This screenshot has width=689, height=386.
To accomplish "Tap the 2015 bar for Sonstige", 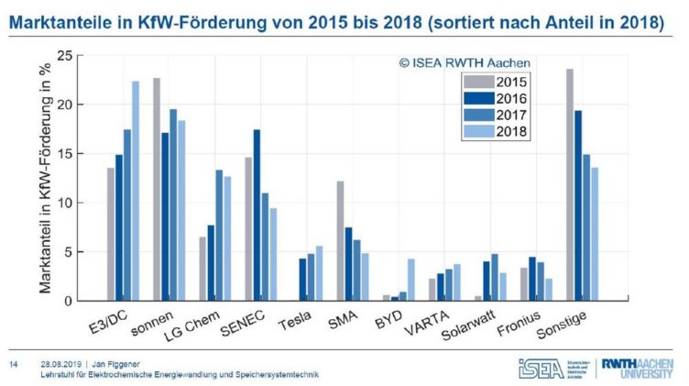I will [x=570, y=184].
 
